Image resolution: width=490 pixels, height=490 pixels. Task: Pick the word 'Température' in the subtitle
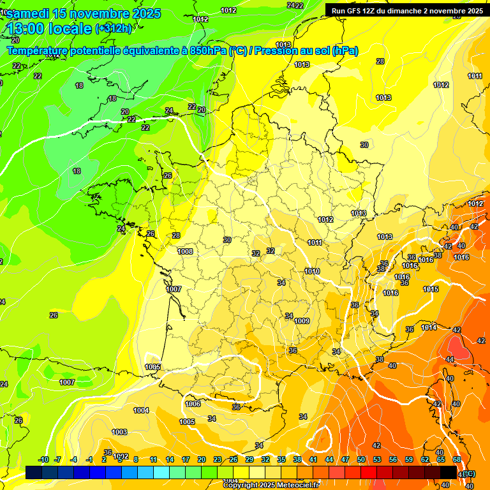point(43,50)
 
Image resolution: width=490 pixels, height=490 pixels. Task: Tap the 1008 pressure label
point(185,251)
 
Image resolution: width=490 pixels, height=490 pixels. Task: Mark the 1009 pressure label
point(302,321)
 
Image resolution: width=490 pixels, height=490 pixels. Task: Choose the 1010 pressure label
point(312,271)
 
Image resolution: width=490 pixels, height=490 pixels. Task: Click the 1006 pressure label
point(193,404)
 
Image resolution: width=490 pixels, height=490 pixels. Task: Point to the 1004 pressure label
point(141,410)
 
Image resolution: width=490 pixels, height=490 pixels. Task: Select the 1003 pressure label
point(119,432)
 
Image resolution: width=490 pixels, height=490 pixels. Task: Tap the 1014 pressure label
point(429,327)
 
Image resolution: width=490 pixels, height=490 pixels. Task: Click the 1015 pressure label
point(431,289)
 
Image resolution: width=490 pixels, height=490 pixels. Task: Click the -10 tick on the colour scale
point(43,459)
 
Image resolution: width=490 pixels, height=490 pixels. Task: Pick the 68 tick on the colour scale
point(457,459)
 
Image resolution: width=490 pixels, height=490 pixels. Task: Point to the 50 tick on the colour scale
point(361,459)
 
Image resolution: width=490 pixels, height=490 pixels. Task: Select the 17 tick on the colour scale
point(186,459)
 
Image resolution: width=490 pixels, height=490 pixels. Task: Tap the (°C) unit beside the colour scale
point(469,473)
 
